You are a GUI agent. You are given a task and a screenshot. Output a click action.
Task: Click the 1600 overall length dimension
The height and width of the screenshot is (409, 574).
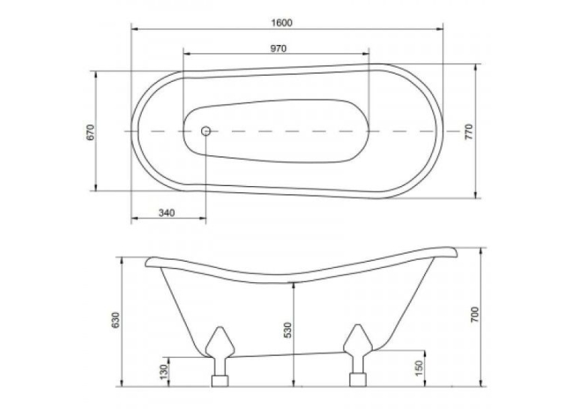click(x=281, y=23)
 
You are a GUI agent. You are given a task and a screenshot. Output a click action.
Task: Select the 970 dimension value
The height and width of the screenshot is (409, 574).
click(x=278, y=48)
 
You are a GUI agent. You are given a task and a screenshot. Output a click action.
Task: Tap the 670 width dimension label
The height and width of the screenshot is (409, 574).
click(x=91, y=132)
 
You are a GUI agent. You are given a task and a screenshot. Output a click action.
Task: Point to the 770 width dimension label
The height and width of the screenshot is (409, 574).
click(x=469, y=132)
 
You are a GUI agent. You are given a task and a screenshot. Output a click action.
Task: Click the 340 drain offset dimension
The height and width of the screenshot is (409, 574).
click(x=167, y=212)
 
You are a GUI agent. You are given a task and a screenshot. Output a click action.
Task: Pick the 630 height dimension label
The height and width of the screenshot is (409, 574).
click(x=116, y=320)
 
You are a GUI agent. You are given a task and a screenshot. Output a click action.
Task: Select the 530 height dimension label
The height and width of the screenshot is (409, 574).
click(x=288, y=329)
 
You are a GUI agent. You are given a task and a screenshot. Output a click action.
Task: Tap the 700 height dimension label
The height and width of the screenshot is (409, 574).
click(x=474, y=315)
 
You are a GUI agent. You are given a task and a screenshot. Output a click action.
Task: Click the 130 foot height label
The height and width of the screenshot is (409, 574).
click(x=164, y=372)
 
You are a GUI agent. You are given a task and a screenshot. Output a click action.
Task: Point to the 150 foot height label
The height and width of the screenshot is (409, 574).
click(x=419, y=368)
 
